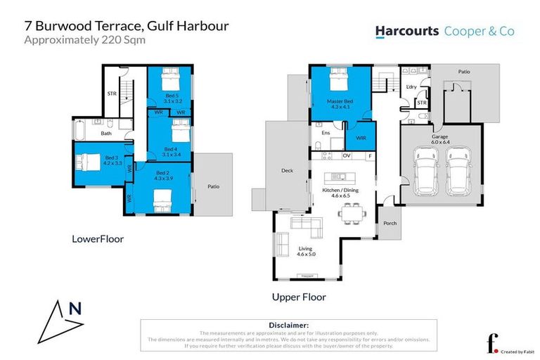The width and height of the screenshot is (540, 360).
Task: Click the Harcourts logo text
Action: pos(406,31)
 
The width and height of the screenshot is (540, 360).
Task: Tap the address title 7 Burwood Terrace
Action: pos(127,26)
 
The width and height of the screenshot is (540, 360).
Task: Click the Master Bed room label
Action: pos(340,104)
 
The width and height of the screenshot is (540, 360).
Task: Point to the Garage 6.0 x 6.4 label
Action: pos(440,139)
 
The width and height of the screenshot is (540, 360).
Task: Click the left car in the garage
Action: pos(426,171)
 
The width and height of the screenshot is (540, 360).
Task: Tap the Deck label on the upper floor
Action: pos(286,171)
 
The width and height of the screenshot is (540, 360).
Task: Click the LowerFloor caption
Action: pos(97,239)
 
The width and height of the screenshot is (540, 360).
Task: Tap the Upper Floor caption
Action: pos(299,297)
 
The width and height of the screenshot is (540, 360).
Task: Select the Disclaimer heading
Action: pos(288,326)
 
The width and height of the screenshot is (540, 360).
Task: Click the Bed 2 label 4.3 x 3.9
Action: pos(163,176)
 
